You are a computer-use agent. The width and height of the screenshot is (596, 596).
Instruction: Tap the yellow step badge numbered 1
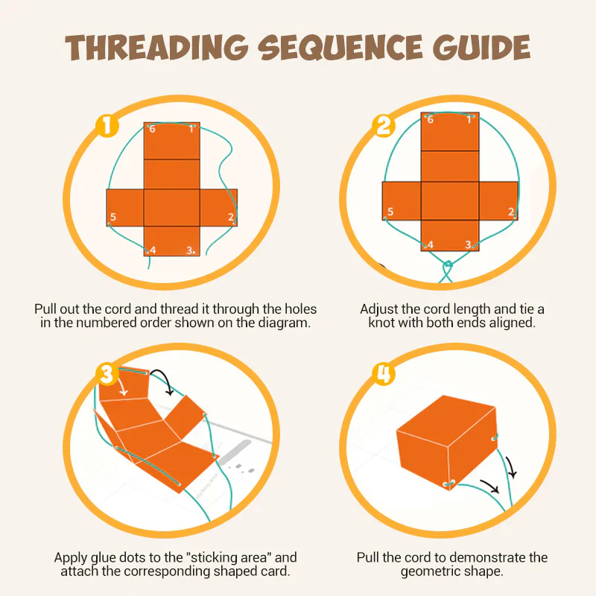point(107,125)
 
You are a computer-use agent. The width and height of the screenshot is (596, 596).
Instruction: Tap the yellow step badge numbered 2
point(383,125)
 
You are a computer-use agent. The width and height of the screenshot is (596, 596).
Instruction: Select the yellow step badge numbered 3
point(107,374)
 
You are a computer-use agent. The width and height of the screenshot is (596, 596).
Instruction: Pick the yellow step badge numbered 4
point(383,374)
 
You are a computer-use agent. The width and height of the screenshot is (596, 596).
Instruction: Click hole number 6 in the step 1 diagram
point(148,124)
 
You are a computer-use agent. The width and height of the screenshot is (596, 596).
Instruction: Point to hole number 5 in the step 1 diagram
point(109,224)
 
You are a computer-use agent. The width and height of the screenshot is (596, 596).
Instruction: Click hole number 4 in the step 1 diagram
point(147,251)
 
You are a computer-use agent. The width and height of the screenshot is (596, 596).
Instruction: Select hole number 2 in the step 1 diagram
point(235,223)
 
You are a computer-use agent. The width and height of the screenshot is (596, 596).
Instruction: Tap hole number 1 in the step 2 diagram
point(473,115)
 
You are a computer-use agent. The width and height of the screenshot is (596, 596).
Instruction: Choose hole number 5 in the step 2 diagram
point(385,218)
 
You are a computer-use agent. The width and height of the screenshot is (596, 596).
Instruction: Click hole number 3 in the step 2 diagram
point(474,247)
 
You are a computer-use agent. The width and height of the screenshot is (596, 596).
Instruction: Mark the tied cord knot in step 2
point(448,264)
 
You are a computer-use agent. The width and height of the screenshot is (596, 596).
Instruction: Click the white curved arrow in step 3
point(121,387)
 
